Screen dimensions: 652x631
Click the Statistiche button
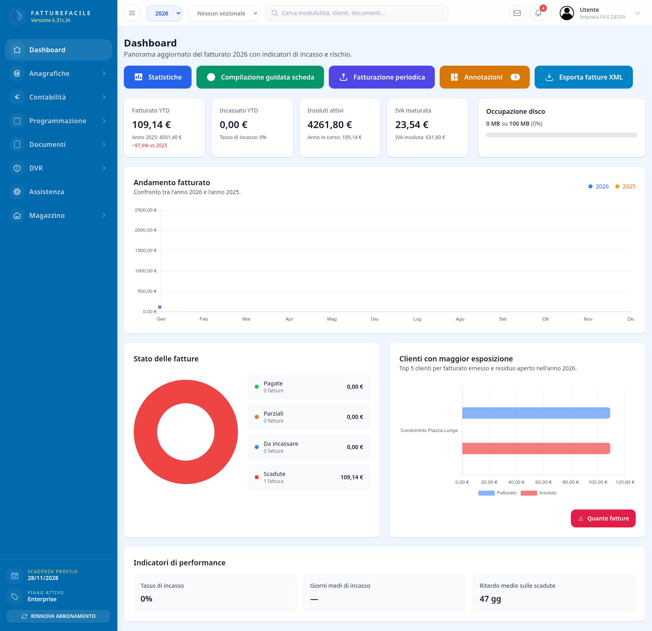coord(158,77)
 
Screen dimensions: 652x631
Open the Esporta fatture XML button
coord(584,77)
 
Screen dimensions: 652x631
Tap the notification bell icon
coord(538,13)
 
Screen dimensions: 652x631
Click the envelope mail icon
coord(517,13)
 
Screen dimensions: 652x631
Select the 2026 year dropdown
coord(164,13)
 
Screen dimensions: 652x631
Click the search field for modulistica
coord(357,13)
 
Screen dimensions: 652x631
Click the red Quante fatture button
coord(603,518)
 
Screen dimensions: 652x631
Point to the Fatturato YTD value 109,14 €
coord(152,124)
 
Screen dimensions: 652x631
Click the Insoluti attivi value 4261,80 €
coord(330,124)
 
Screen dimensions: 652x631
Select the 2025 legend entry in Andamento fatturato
coord(626,186)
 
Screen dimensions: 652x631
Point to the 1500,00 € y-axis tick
coord(146,250)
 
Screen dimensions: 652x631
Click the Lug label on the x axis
coord(417,319)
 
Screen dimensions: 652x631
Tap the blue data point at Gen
coord(160,307)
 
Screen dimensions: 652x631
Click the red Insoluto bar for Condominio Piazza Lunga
coord(536,448)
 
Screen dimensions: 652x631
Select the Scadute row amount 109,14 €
coord(352,477)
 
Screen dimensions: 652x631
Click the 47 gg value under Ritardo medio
coord(490,599)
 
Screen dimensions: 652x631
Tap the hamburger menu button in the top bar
coord(132,13)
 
